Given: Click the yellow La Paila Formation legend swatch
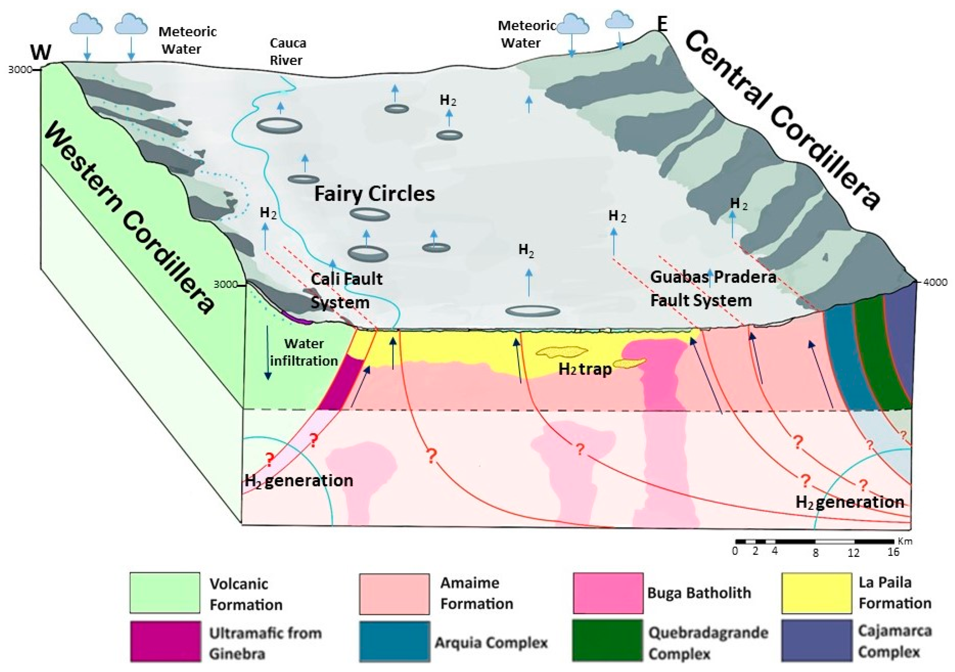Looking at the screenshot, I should point(816,593).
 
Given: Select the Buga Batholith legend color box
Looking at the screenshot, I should point(608,593).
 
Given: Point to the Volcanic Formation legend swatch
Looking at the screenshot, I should point(165,593).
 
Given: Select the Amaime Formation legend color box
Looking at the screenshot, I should point(394,593).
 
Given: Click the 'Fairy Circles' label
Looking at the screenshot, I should point(374,194).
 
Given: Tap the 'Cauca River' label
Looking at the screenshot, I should point(287,51).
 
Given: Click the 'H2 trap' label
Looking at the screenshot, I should point(585,369).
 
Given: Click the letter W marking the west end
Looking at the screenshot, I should point(41,52).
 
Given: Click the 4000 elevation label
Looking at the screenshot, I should point(935,282).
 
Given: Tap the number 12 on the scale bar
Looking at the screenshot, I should point(853,553).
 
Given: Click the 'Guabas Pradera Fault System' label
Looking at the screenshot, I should point(713,289).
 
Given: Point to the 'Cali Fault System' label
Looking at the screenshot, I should point(346,290).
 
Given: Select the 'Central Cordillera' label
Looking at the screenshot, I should point(782,121).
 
